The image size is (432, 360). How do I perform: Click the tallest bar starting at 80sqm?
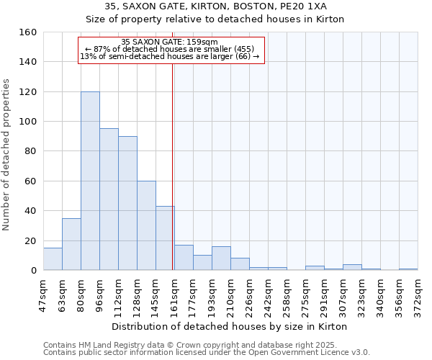click(90, 181)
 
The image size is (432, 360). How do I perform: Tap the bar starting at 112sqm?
click(127, 203)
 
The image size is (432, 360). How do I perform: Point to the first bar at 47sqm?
click(53, 259)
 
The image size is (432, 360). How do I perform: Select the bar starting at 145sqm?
click(165, 238)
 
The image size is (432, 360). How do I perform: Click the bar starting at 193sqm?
click(221, 258)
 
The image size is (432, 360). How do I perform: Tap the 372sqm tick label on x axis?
click(418, 295)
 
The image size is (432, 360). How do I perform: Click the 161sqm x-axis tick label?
click(174, 295)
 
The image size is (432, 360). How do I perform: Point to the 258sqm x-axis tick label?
click(287, 295)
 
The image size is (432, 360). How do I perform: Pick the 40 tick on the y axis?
click(30, 211)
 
